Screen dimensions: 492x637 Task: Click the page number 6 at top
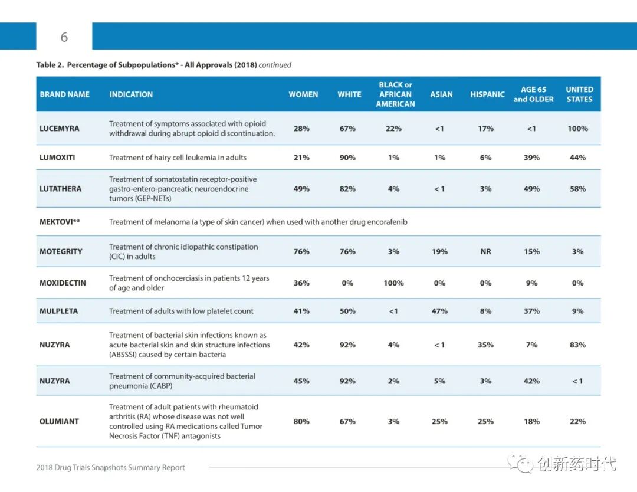tap(64, 37)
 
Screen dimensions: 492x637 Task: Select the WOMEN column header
tap(303, 94)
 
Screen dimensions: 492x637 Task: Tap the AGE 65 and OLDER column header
tap(533, 94)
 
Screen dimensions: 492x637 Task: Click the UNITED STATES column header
tap(579, 94)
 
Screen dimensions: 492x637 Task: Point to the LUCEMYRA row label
tap(60, 129)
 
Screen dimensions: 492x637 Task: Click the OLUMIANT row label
tap(59, 421)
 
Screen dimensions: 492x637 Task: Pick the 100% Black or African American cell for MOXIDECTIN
tap(393, 283)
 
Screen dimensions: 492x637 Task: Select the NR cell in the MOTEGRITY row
tap(486, 251)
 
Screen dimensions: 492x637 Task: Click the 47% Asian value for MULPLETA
tap(439, 311)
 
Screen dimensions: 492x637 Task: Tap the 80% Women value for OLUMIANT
tap(301, 421)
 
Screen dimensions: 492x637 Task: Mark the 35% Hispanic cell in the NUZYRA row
tap(485, 345)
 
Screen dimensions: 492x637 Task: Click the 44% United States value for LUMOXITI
tap(577, 158)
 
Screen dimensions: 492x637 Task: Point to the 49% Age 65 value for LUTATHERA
tap(531, 189)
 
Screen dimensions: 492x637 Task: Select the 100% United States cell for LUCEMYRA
tap(577, 129)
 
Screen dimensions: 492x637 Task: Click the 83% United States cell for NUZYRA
tap(577, 345)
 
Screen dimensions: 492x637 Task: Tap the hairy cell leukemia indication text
tap(178, 158)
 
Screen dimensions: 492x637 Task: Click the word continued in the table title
tap(275, 65)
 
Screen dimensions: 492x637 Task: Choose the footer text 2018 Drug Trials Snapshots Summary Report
tap(110, 467)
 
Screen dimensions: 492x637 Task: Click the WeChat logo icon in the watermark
tap(521, 464)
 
